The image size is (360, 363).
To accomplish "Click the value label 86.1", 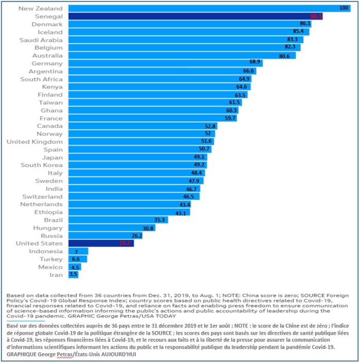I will (305, 24).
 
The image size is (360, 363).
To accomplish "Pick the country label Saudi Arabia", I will (41, 40).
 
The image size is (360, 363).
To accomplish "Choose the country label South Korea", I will (42, 165).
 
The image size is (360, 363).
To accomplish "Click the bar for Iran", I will (73, 275).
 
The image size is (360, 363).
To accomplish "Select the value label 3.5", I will (73, 275).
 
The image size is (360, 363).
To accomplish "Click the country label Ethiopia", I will (49, 212).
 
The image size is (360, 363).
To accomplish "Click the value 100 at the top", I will (344, 8).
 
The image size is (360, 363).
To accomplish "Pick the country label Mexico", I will (50, 267).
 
